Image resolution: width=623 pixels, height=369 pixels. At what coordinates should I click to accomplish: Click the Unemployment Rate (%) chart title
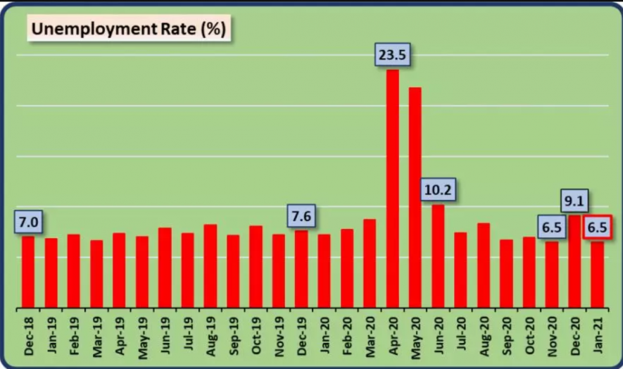coord(130,30)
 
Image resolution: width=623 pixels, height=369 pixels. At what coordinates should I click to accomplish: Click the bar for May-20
coord(415,198)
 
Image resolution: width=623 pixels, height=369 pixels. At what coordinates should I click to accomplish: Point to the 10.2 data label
coord(438,189)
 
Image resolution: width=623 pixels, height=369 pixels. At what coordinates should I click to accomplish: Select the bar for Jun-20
coord(438,256)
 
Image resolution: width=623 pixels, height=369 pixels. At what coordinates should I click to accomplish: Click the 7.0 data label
coord(28,223)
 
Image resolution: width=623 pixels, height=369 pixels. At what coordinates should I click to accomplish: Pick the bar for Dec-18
coord(28,273)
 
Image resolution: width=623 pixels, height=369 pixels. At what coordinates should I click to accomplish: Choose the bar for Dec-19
coord(301,269)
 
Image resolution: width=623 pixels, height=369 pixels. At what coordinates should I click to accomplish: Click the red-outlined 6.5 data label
coord(598,227)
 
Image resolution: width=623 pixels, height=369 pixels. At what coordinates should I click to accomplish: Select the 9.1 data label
coord(574,201)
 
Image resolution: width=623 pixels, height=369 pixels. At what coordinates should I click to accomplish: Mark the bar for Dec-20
coord(574,261)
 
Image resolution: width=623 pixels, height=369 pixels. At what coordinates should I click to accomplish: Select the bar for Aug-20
coord(484,265)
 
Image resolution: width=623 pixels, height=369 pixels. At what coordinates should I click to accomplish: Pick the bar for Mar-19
coord(96,274)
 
